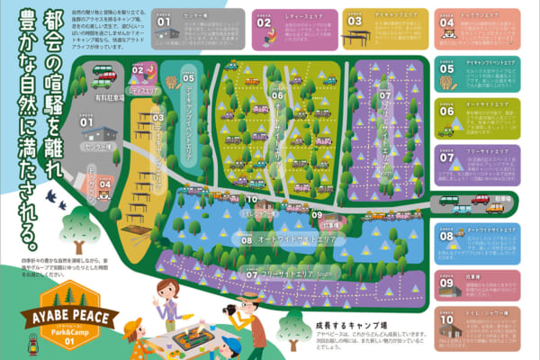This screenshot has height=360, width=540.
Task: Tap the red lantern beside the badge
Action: pyautogui.click(x=13, y=343)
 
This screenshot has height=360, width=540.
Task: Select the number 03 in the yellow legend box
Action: pyautogui.click(x=354, y=22)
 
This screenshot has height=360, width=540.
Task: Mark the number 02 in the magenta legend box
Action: pyautogui.click(x=264, y=22)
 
